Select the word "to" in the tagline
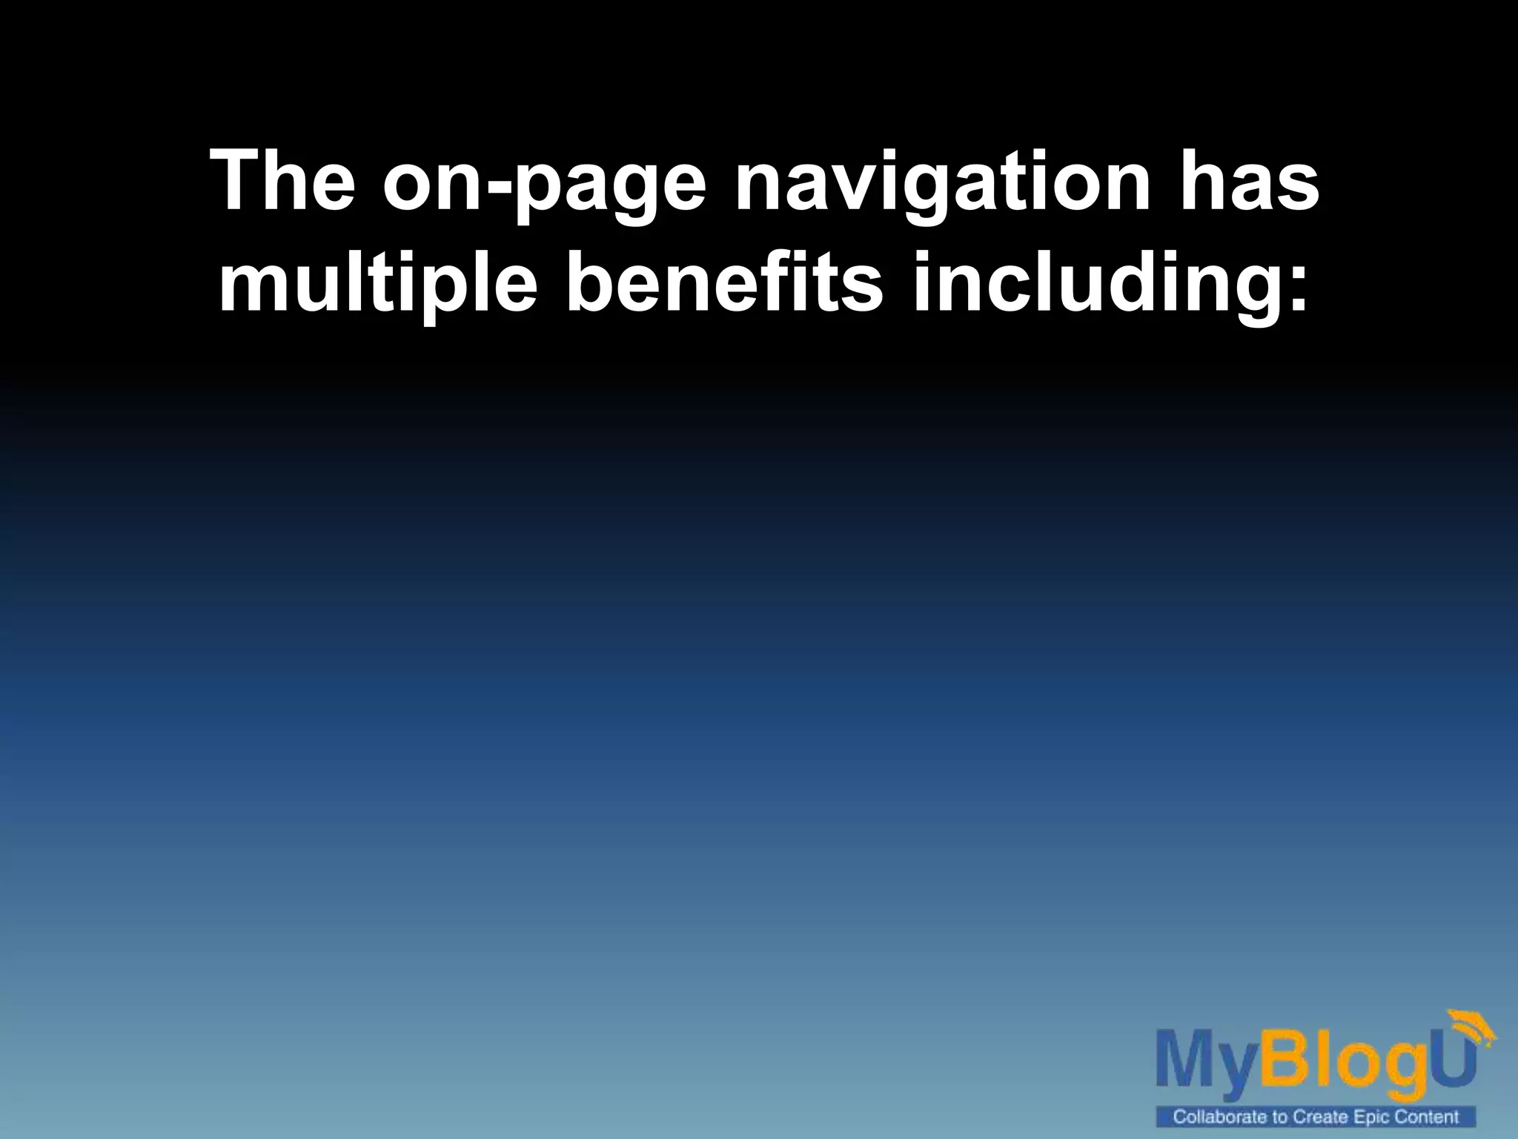tap(1282, 1116)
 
